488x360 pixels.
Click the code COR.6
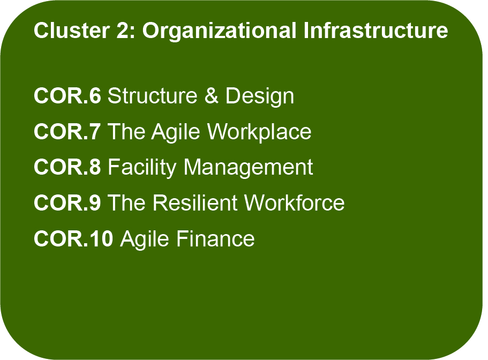(67, 95)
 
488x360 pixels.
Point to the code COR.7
(67, 131)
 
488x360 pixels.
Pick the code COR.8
(67, 167)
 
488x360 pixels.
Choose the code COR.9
(67, 202)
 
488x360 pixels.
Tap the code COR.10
(73, 238)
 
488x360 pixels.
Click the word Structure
(153, 95)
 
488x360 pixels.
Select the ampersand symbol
(212, 95)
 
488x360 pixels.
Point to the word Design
(260, 97)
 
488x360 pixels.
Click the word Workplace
(259, 132)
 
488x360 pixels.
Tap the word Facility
(142, 168)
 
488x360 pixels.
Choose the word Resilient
(195, 202)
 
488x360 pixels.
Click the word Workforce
(295, 202)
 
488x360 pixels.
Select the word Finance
(216, 238)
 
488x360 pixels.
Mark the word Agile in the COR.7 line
(176, 132)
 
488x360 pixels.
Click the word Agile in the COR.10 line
(145, 240)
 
